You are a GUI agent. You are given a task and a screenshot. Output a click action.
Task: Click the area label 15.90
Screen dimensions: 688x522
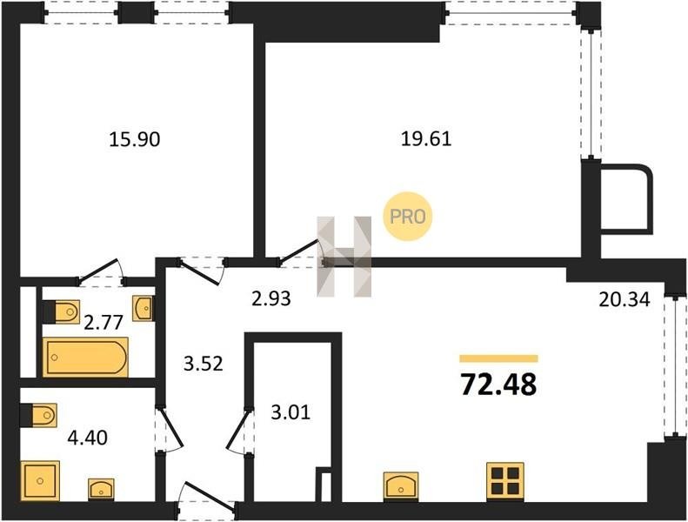(134, 139)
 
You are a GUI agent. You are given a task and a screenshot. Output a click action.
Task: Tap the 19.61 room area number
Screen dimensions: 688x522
(426, 138)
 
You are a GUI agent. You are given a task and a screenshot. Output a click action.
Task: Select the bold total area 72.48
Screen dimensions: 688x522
(498, 385)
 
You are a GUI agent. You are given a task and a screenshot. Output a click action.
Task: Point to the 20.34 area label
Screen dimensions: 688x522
(625, 300)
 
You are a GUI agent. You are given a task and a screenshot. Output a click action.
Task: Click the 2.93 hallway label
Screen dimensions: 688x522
(271, 298)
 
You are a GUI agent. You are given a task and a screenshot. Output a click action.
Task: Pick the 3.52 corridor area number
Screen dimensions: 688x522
(204, 364)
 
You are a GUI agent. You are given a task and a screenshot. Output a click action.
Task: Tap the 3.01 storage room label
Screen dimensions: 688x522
(291, 412)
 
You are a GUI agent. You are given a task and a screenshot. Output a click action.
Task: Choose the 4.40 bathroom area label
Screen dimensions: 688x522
(87, 438)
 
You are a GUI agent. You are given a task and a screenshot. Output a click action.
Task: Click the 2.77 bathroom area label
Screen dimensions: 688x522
(104, 323)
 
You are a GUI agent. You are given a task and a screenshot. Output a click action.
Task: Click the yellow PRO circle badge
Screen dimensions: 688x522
(408, 217)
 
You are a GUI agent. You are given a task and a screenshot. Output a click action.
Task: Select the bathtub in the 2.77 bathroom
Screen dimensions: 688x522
(85, 357)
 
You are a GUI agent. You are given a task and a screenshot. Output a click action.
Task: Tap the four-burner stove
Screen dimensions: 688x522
(505, 482)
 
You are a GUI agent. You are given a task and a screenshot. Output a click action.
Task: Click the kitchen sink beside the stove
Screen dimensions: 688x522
(401, 485)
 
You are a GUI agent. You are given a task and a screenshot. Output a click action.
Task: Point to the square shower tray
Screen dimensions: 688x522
(40, 481)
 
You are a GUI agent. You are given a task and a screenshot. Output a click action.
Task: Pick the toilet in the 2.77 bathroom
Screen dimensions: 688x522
(62, 311)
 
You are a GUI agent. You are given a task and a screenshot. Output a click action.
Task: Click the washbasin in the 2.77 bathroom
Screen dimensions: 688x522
(144, 308)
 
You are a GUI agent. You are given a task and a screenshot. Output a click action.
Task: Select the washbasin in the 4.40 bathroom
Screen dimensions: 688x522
(102, 489)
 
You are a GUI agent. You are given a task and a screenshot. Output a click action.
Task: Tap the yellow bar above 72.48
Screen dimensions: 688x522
(498, 358)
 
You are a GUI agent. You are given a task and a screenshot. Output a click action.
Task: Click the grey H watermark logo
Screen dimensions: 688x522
(344, 257)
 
